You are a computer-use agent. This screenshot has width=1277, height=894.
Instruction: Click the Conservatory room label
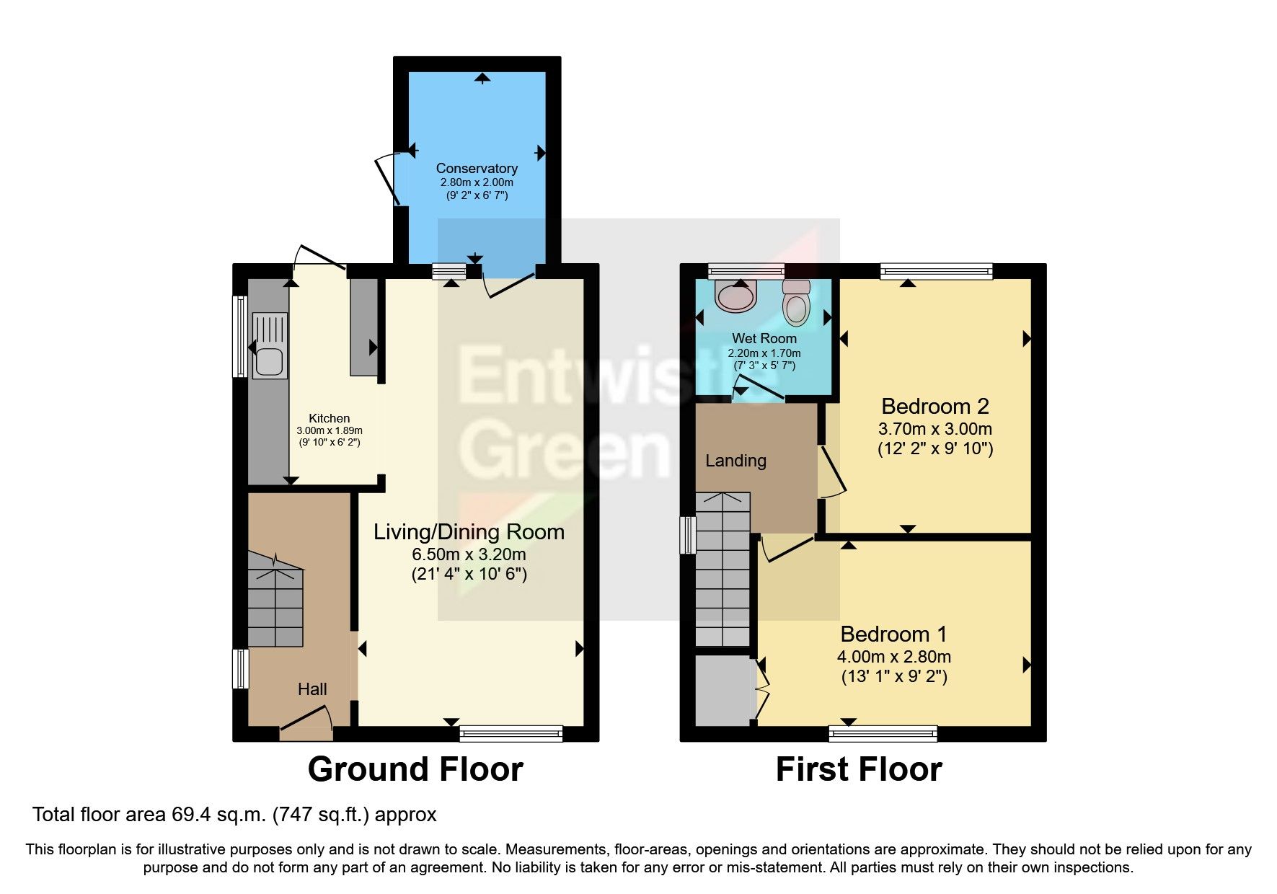[477, 168]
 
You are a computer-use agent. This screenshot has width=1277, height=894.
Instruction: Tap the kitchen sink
[269, 350]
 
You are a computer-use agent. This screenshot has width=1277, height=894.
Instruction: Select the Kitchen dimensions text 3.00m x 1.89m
[330, 430]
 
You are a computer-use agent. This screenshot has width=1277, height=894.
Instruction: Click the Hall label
[312, 689]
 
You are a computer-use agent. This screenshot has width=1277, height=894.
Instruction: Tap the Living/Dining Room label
[469, 532]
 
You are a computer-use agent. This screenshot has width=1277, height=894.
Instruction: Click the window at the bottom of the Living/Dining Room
[511, 733]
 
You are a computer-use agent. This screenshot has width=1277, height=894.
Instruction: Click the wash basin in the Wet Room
[735, 296]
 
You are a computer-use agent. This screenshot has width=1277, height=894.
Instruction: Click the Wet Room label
[764, 338]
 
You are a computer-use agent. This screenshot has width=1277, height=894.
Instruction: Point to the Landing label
[735, 461]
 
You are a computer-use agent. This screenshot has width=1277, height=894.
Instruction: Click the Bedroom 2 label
[935, 406]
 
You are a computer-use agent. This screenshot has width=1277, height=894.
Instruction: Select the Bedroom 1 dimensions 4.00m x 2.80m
[893, 657]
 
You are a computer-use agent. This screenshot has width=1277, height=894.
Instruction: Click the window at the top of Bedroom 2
[936, 271]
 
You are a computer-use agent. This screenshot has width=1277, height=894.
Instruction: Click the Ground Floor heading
[415, 769]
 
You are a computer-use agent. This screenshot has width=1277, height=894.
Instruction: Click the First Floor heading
[858, 769]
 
